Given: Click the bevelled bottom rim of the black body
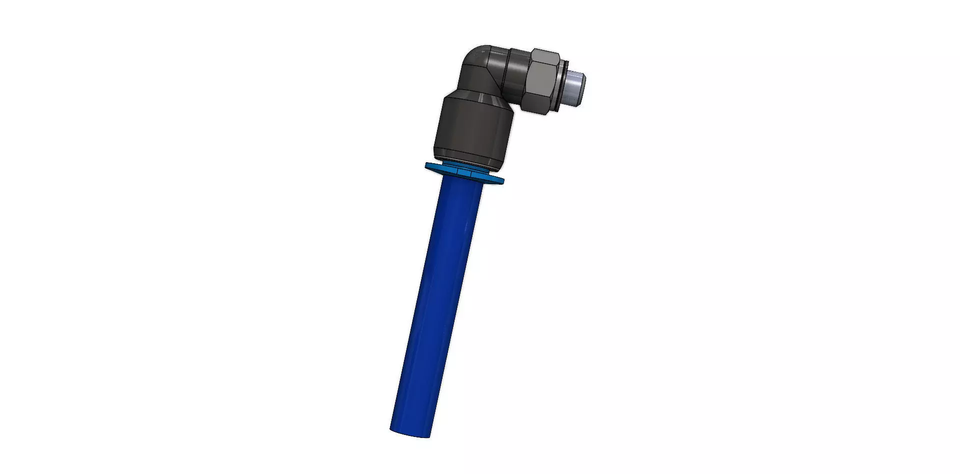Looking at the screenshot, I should click(x=470, y=159).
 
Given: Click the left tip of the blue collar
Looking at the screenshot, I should click(x=428, y=166).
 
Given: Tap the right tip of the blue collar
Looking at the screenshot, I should click(x=501, y=181).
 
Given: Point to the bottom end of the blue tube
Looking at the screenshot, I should click(x=410, y=431).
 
